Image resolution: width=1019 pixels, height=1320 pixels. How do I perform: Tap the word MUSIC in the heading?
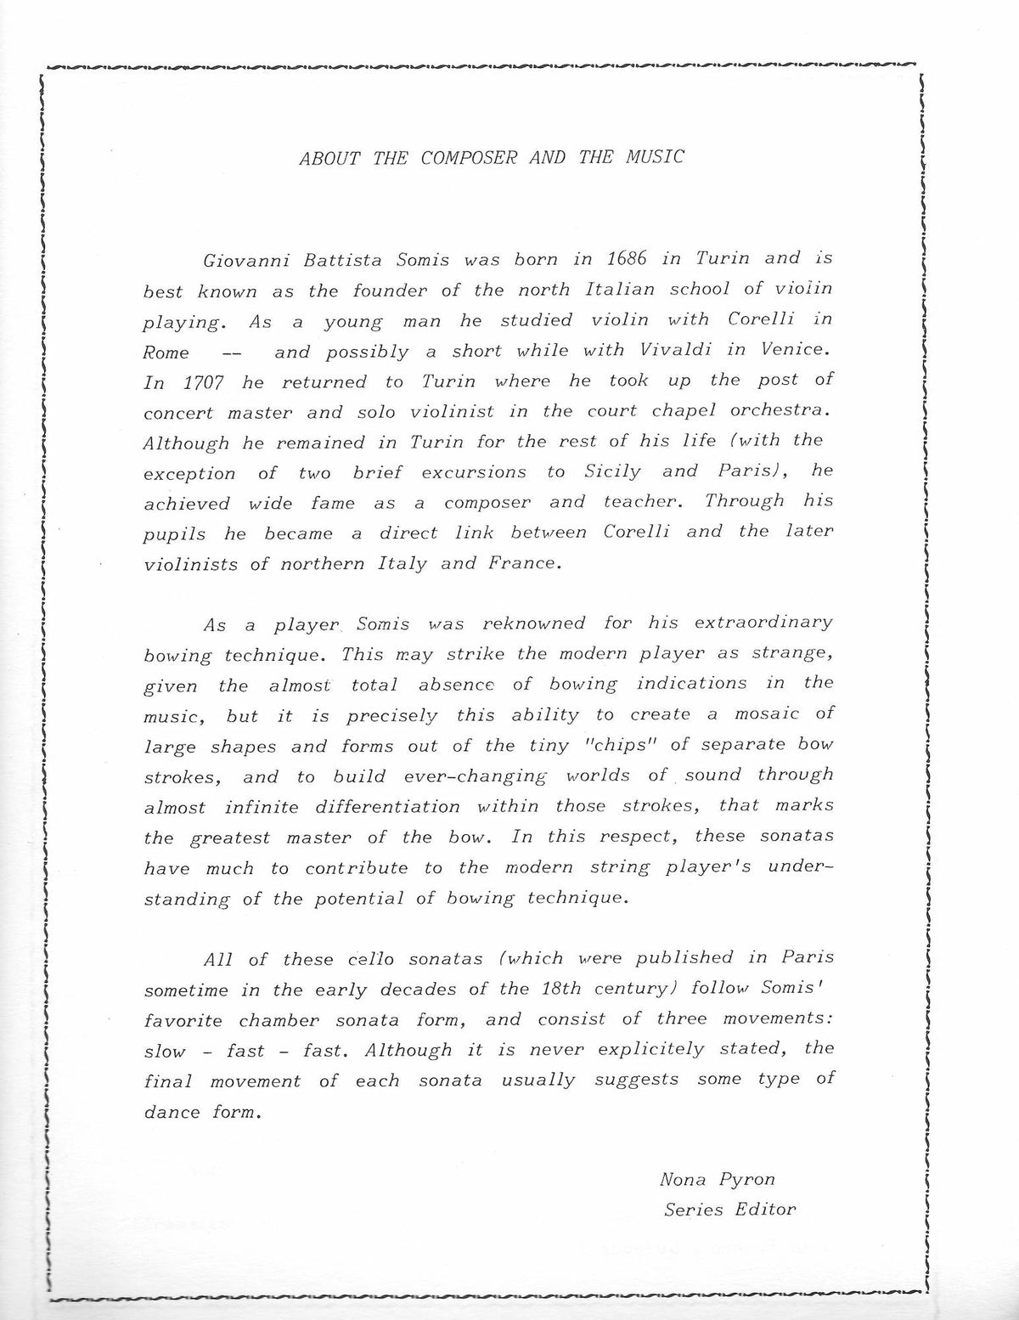(x=654, y=157)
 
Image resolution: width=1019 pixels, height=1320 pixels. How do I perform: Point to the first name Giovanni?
(x=239, y=260)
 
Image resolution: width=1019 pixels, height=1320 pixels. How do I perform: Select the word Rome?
(x=166, y=353)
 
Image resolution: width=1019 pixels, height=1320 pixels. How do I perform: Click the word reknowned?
(x=533, y=623)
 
